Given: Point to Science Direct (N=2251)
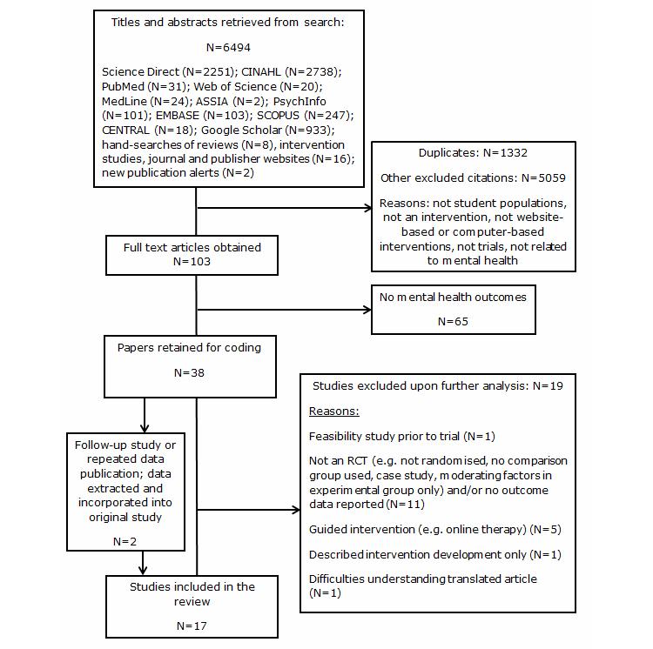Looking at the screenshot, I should [158, 72].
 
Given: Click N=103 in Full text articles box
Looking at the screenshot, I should [192, 259].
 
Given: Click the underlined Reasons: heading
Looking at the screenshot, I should [334, 409].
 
